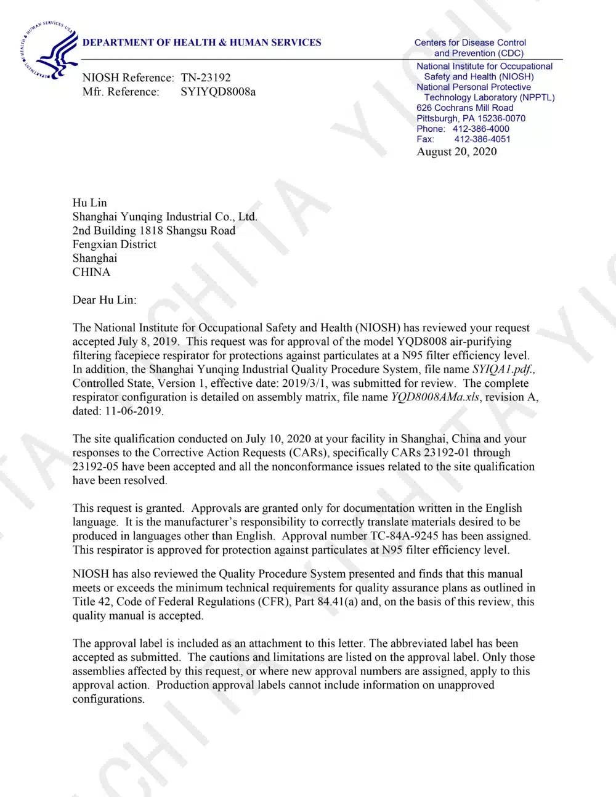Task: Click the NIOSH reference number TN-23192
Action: [206, 78]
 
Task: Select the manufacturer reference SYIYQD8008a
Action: [218, 92]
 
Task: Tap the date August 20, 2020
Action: [456, 152]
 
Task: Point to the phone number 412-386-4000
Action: [480, 129]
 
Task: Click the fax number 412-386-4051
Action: [482, 139]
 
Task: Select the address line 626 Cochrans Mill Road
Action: [464, 108]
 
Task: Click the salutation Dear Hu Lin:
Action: [104, 300]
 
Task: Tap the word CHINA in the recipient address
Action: [91, 272]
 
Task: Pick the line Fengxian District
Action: [114, 244]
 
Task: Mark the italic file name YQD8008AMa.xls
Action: [435, 397]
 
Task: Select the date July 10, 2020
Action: [278, 439]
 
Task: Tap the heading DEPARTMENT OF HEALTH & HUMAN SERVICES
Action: [201, 42]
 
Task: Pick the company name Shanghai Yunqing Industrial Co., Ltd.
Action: [164, 216]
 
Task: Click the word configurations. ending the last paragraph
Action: [108, 699]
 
